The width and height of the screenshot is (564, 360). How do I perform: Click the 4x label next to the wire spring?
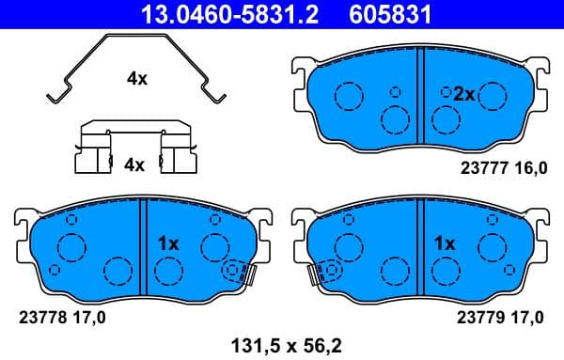pyautogui.click(x=137, y=79)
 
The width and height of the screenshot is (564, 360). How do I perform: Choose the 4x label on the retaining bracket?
pyautogui.click(x=134, y=164)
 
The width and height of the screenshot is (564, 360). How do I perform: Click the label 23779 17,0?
pyautogui.click(x=501, y=317)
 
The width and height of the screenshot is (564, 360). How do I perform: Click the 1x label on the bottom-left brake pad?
pyautogui.click(x=168, y=243)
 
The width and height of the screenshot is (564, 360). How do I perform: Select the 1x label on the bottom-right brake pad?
pyautogui.click(x=445, y=243)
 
